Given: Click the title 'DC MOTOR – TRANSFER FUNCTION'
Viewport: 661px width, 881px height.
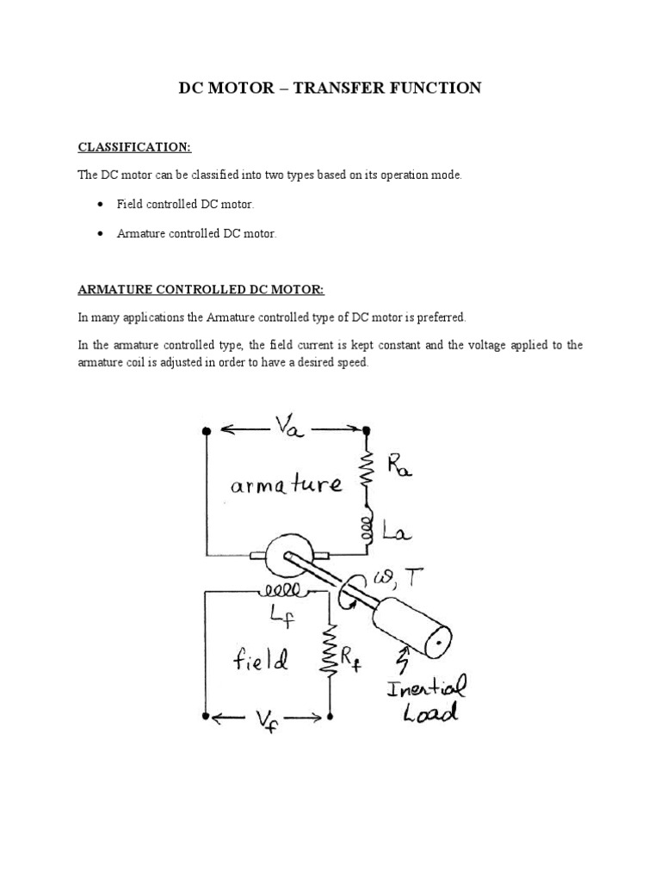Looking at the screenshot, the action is (330, 88).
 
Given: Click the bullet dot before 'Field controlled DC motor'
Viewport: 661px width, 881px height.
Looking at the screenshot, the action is (100, 205).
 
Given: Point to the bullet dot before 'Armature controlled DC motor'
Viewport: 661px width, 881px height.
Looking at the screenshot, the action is (100, 233).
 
